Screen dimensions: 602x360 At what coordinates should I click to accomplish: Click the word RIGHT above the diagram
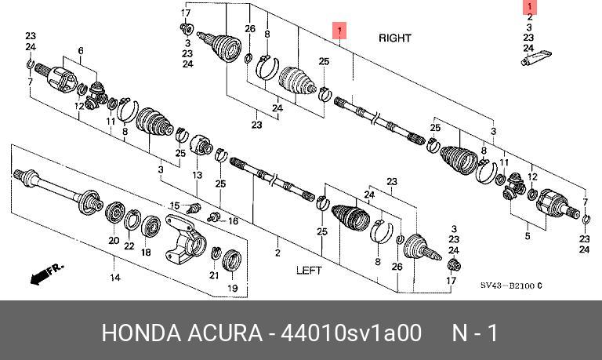coord(394,38)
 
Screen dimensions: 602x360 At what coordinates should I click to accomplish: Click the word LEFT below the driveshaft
coord(309,271)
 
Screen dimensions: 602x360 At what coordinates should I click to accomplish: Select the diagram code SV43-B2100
coord(511,286)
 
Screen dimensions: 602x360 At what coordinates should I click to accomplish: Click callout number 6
coord(80,51)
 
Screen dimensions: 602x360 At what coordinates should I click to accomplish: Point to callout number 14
coord(114,278)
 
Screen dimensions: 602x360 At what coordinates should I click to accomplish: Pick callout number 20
coord(113,240)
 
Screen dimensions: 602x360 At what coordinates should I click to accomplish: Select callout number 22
coord(129,245)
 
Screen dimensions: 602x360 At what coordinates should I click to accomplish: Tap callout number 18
coord(145,253)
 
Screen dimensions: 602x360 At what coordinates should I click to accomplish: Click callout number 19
coord(232,289)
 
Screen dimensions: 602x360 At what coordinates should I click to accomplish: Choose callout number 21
coord(213,275)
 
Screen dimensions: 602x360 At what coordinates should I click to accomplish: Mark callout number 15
coord(176,205)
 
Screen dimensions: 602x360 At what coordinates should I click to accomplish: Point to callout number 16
coord(233,222)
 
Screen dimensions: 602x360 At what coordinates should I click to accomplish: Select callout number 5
coord(527,235)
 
